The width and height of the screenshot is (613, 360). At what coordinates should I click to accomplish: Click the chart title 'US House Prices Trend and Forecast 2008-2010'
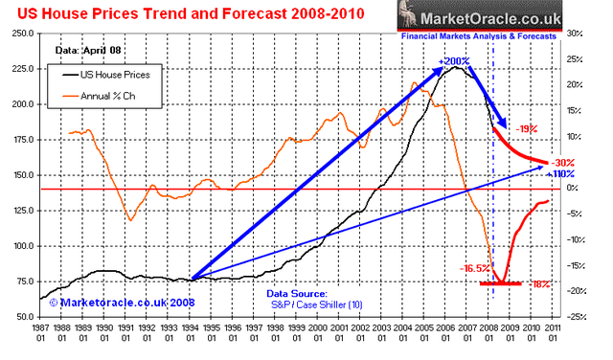182,13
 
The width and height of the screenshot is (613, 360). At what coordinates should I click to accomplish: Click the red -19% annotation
525,126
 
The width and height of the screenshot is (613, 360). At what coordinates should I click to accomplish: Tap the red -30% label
562,162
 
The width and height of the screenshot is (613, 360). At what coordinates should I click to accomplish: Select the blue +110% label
559,174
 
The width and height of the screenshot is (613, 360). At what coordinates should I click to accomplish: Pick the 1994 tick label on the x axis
193,335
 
